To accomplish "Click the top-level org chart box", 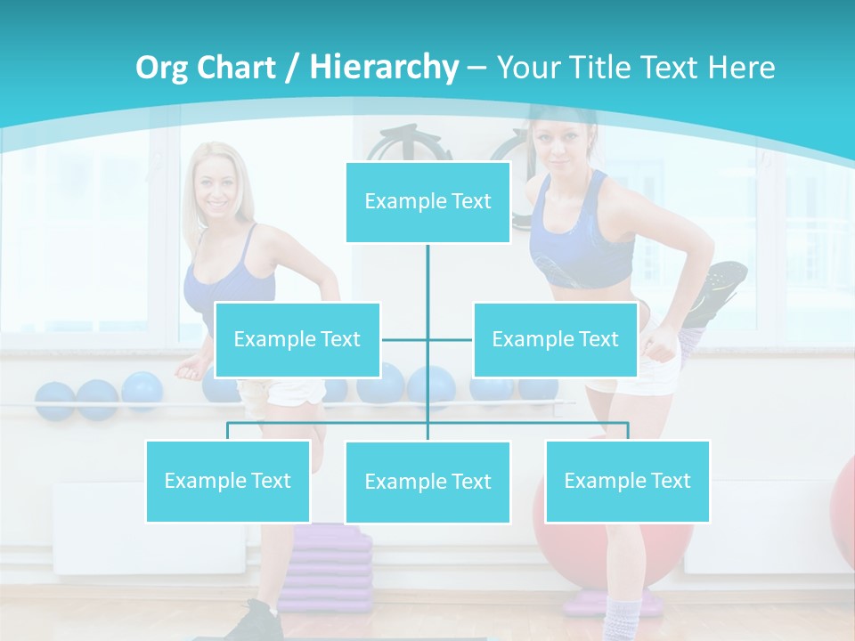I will pos(427,202).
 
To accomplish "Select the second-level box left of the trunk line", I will pos(297,339).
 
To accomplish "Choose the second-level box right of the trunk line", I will pos(555,339).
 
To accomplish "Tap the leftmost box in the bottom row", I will pos(228,481).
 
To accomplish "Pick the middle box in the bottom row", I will pos(427,482).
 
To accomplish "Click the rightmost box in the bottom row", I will pos(627,481).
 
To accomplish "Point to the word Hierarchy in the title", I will pos(383,68).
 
